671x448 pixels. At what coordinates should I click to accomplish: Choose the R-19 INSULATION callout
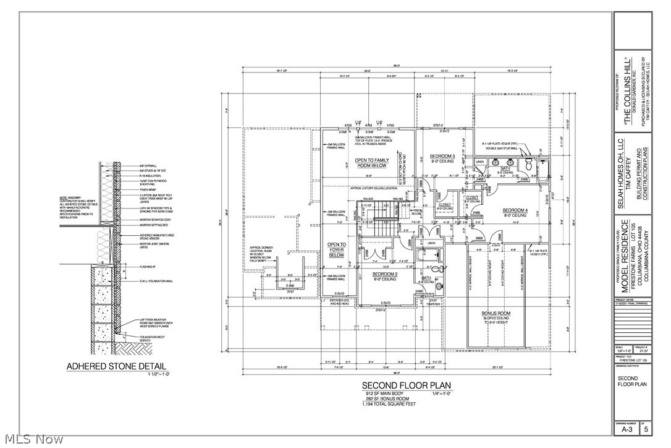pyautogui.click(x=151, y=176)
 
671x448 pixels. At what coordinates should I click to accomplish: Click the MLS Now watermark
pyautogui.click(x=32, y=439)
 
